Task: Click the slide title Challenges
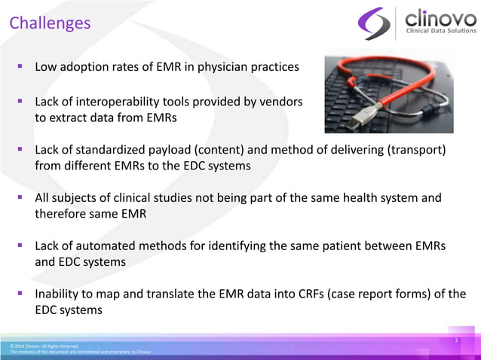click(x=50, y=23)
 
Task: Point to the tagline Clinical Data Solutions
click(x=441, y=31)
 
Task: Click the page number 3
click(x=456, y=341)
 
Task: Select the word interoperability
click(x=119, y=101)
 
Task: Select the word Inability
click(x=60, y=294)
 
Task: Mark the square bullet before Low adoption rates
click(x=22, y=67)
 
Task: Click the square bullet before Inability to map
click(x=22, y=294)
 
